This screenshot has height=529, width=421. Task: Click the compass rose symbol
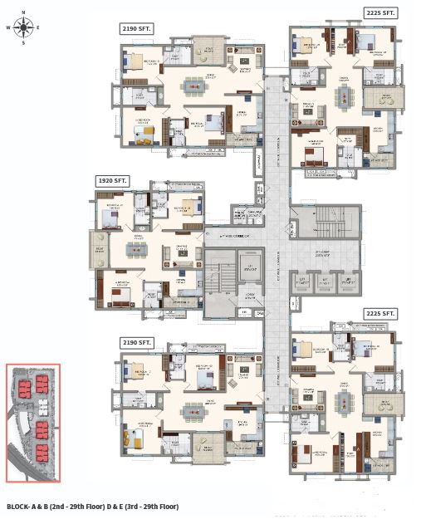[23, 27]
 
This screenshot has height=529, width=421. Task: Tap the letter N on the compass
[23, 12]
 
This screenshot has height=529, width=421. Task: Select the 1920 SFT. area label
[110, 179]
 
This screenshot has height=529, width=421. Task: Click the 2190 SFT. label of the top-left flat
[136, 28]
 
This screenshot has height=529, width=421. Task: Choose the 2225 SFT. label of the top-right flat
[381, 12]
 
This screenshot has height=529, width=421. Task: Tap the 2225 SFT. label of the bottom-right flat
[381, 314]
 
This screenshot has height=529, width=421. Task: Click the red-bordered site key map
[32, 423]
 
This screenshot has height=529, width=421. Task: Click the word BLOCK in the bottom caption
[20, 506]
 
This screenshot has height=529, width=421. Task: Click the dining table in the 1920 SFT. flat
[134, 247]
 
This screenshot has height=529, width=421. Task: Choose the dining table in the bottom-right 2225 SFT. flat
[340, 402]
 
